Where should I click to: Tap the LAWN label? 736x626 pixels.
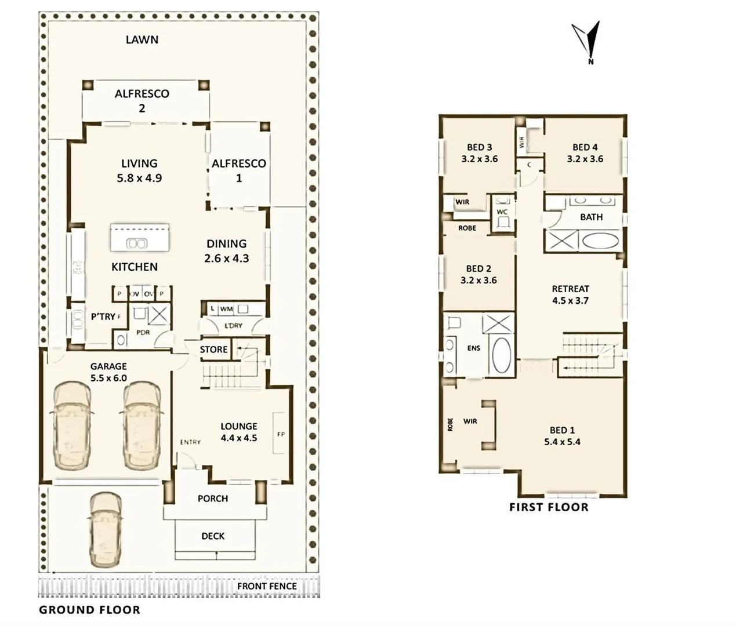142,40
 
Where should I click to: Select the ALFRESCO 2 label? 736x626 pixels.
142,100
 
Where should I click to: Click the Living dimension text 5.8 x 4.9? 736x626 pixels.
139,179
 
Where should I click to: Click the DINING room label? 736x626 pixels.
226,244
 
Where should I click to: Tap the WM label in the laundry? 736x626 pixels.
226,310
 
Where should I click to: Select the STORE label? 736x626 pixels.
213,350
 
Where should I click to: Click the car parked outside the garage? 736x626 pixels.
106,530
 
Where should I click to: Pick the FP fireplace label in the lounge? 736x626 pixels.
281,434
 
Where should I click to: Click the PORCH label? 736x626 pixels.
213,498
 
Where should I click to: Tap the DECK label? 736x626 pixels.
213,536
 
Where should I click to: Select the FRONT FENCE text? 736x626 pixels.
267,586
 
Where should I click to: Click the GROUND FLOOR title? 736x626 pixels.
89,610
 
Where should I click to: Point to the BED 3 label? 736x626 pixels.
479,147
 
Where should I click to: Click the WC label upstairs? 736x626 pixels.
502,212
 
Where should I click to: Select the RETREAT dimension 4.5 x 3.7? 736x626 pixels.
570,301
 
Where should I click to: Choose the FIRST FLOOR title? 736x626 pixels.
549,508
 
